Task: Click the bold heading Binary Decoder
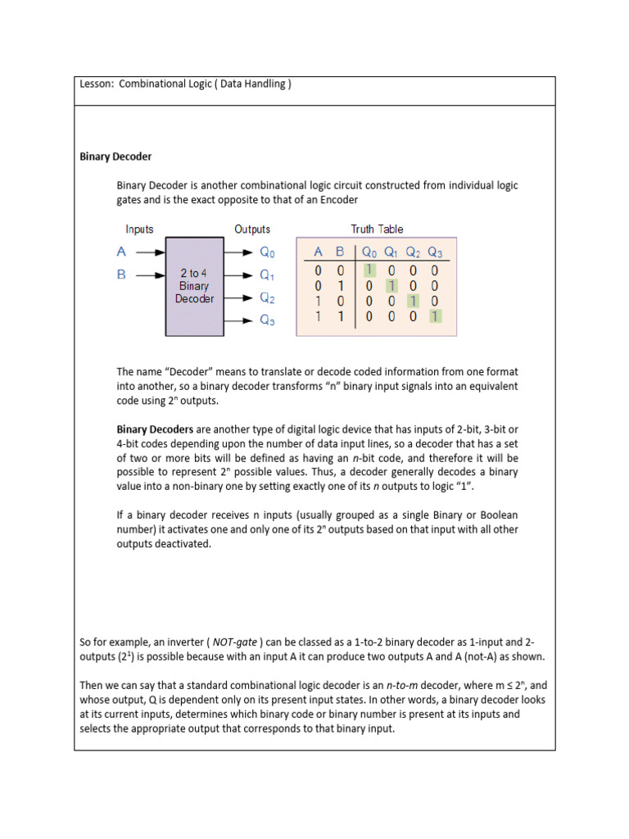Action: [115, 156]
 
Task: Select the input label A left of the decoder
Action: [121, 253]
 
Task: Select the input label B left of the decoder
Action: [121, 275]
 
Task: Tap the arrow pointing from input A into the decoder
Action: [150, 253]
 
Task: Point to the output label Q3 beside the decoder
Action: [267, 320]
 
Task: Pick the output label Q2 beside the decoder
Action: [267, 298]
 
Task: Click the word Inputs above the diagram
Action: [139, 229]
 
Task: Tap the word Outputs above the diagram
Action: [252, 229]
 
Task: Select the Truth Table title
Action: [377, 229]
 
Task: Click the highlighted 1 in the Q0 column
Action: [369, 270]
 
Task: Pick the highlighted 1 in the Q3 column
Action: [435, 315]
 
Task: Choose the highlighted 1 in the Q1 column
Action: [391, 285]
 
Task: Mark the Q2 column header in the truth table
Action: [414, 253]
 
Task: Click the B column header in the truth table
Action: [339, 253]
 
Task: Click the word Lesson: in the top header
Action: [97, 84]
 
